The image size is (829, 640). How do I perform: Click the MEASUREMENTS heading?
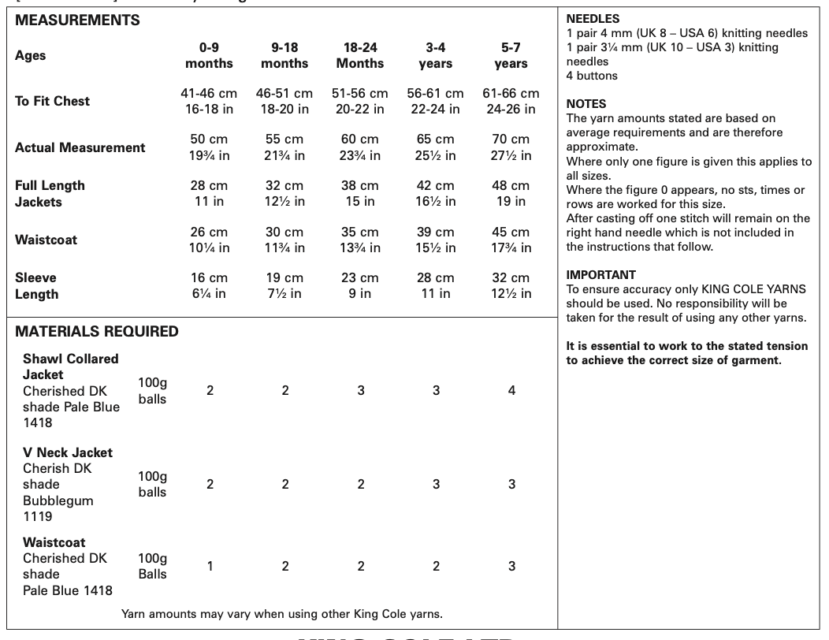point(77,20)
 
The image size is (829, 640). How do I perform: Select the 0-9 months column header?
point(210,55)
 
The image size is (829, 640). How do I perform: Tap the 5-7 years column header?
point(511,55)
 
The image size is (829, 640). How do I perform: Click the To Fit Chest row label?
point(52,101)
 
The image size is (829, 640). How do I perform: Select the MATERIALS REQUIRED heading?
point(97,331)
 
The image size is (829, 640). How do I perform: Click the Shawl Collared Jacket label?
point(70,367)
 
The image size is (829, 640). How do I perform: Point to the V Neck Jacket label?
point(68,452)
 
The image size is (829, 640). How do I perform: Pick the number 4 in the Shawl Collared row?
point(511,391)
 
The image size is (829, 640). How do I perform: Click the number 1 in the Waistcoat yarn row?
point(210,566)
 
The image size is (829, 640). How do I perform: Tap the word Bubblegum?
point(58,500)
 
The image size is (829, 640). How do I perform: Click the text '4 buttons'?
point(592,76)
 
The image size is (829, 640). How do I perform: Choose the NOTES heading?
point(587,104)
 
